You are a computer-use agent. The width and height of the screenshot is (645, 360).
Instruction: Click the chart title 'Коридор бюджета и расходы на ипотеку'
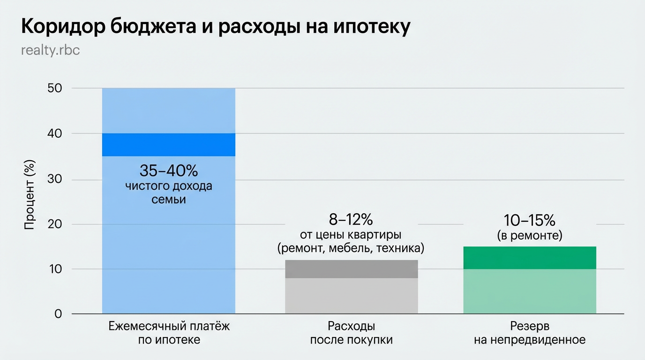[216, 27]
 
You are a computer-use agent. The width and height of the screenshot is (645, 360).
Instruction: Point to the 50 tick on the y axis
[55, 89]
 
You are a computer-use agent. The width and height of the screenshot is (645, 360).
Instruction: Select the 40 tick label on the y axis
[55, 134]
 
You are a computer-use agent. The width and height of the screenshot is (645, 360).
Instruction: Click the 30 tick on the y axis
[55, 180]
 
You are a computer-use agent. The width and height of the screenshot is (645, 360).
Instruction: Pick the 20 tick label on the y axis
[55, 225]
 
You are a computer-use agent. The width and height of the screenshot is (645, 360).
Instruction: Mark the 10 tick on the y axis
[55, 269]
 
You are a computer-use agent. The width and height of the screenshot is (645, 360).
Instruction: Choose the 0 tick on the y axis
[58, 314]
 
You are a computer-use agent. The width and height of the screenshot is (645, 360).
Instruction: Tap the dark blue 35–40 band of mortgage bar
[169, 145]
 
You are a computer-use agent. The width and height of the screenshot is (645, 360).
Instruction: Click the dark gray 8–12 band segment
[351, 269]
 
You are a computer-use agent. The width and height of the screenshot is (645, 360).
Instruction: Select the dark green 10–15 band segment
[530, 258]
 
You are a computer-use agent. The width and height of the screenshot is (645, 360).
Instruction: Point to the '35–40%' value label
[169, 170]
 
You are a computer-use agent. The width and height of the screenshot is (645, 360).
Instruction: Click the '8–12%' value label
[351, 219]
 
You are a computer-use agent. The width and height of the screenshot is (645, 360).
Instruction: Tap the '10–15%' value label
[530, 220]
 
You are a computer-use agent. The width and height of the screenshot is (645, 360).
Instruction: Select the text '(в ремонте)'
[530, 235]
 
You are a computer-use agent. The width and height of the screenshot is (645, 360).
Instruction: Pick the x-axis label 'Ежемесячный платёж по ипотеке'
[169, 333]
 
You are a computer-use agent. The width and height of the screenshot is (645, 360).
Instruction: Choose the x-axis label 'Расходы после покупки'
[351, 333]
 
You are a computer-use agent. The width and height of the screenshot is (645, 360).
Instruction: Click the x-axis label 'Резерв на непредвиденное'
[530, 333]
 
